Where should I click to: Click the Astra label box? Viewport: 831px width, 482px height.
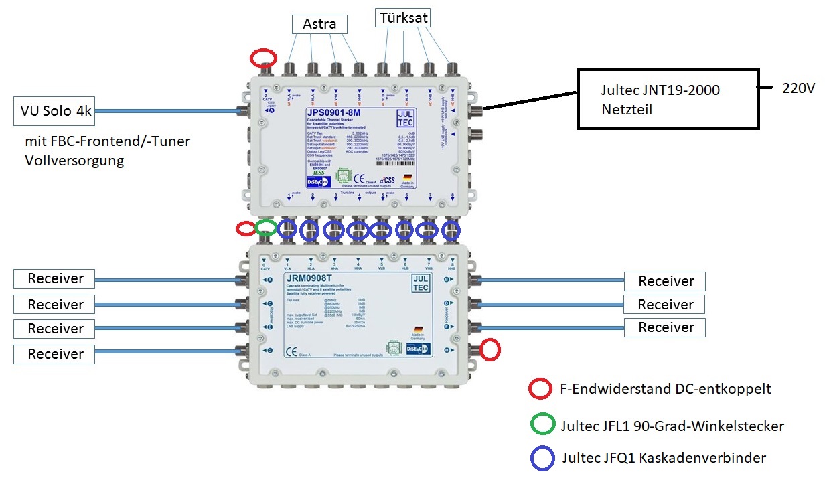pyautogui.click(x=320, y=25)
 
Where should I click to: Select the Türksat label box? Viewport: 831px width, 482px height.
pyautogui.click(x=402, y=17)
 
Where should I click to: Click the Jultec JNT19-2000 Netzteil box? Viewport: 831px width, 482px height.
pyautogui.click(x=668, y=98)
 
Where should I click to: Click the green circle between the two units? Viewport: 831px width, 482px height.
pyautogui.click(x=266, y=228)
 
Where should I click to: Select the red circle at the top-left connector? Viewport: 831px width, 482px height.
pyautogui.click(x=263, y=58)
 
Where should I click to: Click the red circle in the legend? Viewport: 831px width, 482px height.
pyautogui.click(x=541, y=390)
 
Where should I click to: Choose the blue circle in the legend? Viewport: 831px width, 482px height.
pyautogui.click(x=541, y=458)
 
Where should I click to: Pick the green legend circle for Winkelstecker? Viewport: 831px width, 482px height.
pyautogui.click(x=541, y=424)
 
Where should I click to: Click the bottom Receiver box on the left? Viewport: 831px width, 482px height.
pyautogui.click(x=56, y=353)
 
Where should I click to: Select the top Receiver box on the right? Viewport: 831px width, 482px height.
pyautogui.click(x=665, y=281)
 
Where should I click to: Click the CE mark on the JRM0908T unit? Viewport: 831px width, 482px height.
pyautogui.click(x=292, y=352)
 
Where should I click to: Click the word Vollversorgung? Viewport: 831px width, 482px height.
pyautogui.click(x=74, y=161)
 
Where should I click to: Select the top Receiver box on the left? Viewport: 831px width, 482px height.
pyautogui.click(x=56, y=278)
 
